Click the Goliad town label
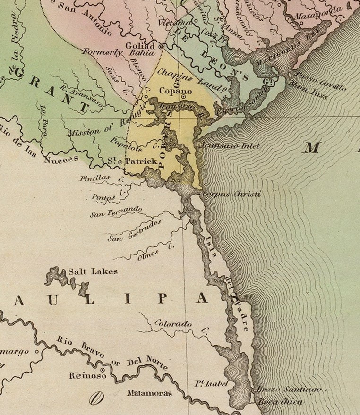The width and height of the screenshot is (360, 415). click(x=140, y=46)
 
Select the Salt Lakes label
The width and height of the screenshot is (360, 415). click(x=93, y=271)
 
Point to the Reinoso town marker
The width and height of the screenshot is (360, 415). click(x=102, y=369)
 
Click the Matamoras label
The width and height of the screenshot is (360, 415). click(x=149, y=393)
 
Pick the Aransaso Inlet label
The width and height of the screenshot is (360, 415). click(x=231, y=146)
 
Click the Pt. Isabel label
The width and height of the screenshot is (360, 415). click(x=211, y=384)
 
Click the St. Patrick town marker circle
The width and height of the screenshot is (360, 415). click(x=120, y=161)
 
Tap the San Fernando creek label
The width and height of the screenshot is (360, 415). click(x=116, y=212)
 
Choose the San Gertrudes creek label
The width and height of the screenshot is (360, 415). click(x=135, y=230)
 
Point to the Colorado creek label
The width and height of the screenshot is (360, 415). click(x=174, y=324)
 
